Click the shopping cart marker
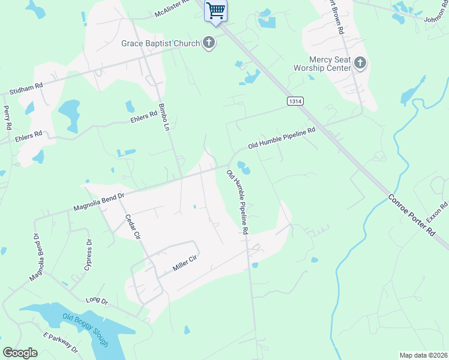click(x=215, y=10)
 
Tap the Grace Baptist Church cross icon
click(x=209, y=43)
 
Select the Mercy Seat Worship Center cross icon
click(x=360, y=62)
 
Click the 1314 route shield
click(x=294, y=101)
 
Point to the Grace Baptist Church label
click(x=160, y=43)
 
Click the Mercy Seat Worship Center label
click(x=330, y=64)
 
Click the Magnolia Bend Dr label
click(x=98, y=200)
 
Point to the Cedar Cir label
click(x=132, y=227)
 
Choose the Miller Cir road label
click(x=185, y=262)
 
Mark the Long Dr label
click(x=95, y=299)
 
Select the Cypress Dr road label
click(x=88, y=255)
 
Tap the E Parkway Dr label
click(x=61, y=343)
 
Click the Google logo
click(x=20, y=353)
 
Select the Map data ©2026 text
click(x=423, y=355)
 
